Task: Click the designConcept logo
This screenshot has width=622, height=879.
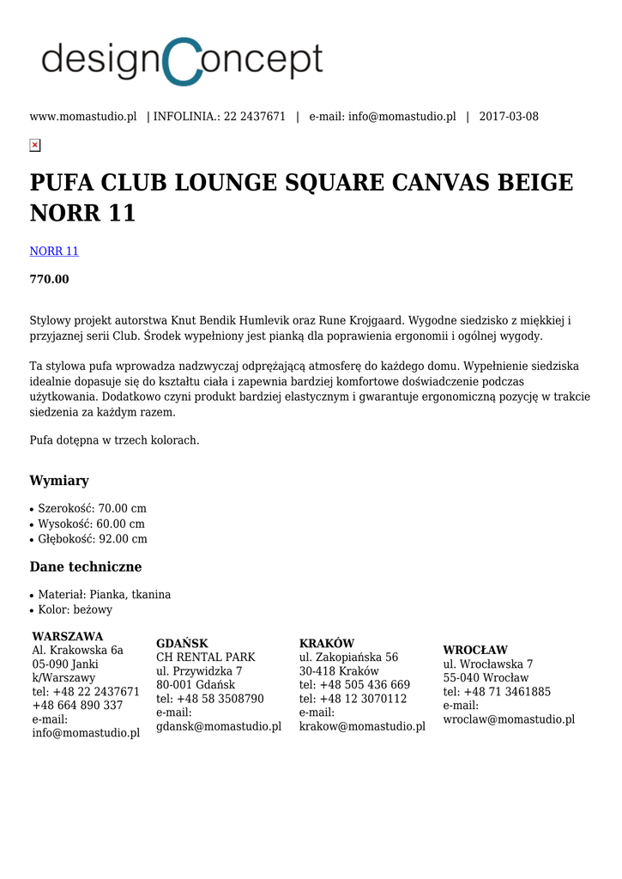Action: coord(182,61)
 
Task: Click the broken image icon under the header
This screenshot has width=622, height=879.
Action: coord(35,145)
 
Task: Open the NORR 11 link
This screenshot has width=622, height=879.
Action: coord(54,252)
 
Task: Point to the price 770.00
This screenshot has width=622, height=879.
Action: coord(50,280)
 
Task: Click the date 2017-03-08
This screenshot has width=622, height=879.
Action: coord(509,117)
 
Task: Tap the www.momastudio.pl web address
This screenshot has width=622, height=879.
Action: coord(83,117)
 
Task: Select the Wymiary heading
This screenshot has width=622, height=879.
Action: coord(59,481)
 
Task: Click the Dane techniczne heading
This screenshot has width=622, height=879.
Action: coord(86,567)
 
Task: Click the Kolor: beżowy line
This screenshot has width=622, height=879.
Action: coord(75,609)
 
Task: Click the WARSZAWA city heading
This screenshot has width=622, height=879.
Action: coord(68,637)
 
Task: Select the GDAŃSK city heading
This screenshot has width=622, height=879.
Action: coord(182,644)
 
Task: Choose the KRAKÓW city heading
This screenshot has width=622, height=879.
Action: coord(327,644)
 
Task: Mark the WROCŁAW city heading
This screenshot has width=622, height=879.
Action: coord(475,651)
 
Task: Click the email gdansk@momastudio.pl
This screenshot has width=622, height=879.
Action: coord(219,726)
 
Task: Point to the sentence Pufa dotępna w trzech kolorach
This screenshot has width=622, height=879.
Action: coord(114,440)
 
